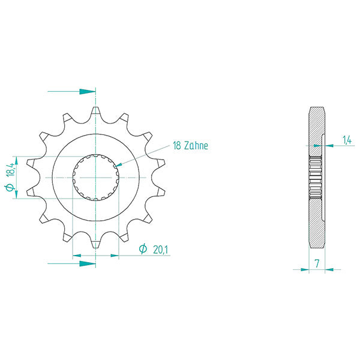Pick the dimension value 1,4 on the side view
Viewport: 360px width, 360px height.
[347, 140]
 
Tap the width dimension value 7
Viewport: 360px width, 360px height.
[316, 263]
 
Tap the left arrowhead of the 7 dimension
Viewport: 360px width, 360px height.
[305, 269]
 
